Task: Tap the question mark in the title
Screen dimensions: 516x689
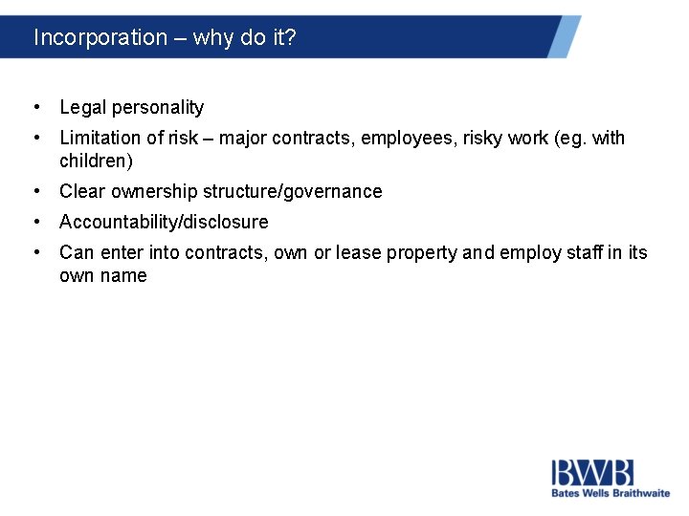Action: click(292, 37)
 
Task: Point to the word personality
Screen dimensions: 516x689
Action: click(159, 107)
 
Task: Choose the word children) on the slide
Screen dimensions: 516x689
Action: click(96, 161)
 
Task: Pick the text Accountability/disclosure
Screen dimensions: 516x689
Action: click(164, 222)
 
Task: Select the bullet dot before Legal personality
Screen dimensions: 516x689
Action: click(35, 107)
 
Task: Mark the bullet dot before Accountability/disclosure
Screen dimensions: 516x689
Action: click(35, 222)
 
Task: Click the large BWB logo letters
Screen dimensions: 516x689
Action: click(592, 472)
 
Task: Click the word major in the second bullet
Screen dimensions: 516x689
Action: click(245, 138)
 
